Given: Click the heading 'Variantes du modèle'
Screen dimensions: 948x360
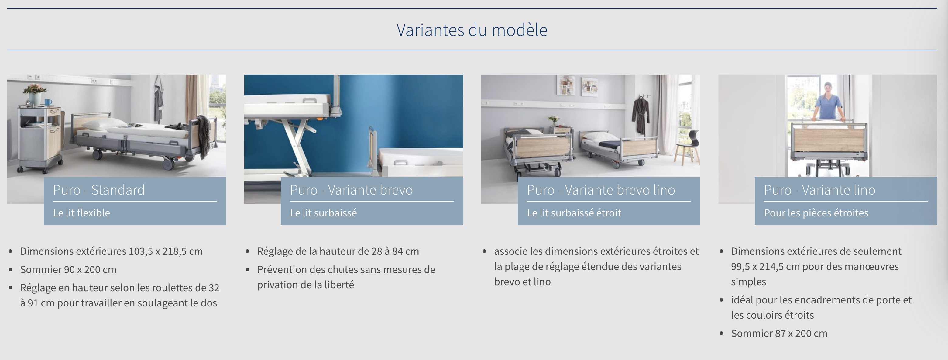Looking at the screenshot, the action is click(x=472, y=30).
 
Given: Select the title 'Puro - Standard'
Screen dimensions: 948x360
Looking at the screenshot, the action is click(x=99, y=190).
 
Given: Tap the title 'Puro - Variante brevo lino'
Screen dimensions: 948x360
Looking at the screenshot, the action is click(x=601, y=190).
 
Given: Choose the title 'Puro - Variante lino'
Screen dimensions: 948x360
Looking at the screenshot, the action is click(x=819, y=190).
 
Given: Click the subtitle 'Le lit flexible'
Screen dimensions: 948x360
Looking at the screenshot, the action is click(x=81, y=213).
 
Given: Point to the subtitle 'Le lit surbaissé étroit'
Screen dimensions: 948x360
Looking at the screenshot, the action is click(x=574, y=213).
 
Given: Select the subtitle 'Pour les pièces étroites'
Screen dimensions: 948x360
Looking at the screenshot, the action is click(x=816, y=213).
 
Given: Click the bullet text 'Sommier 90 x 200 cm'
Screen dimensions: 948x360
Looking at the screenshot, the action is click(x=68, y=269).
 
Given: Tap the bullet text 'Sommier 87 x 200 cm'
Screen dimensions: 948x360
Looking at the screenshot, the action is click(x=779, y=333).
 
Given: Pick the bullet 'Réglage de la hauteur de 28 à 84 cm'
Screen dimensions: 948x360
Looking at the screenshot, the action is click(x=338, y=251).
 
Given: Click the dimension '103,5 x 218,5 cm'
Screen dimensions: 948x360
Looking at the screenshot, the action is click(x=166, y=251).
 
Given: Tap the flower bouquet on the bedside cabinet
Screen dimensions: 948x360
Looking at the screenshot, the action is click(x=35, y=89).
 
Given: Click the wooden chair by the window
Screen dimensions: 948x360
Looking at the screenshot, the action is click(x=687, y=147).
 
